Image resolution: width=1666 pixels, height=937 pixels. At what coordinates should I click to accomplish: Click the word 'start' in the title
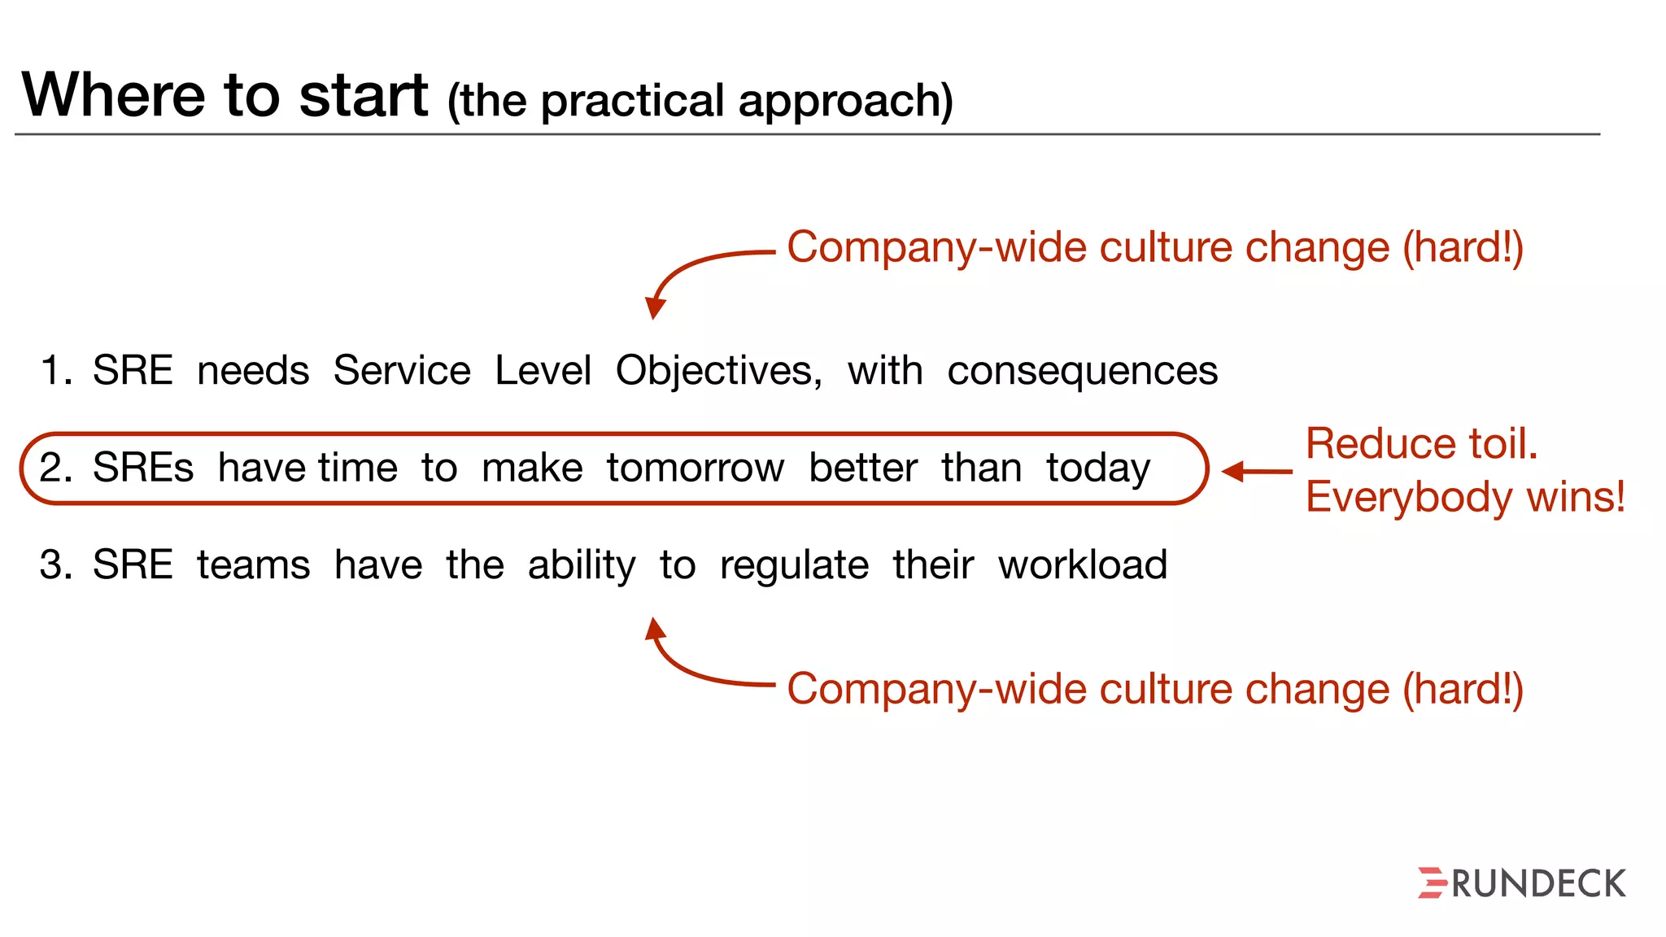pos(363,96)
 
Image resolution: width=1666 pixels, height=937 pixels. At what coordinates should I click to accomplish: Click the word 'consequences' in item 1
pos(1082,371)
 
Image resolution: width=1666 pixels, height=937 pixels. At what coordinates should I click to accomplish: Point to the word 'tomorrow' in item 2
pos(696,468)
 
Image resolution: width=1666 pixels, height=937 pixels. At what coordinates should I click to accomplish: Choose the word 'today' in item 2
pos(1098,469)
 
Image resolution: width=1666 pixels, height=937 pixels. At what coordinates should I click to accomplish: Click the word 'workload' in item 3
pos(1083,564)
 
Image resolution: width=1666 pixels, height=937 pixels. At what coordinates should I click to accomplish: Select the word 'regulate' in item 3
pos(794,566)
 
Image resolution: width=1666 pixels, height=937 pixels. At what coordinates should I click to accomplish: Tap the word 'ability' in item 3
pos(582,566)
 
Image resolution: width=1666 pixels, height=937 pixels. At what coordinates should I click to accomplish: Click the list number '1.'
pos(56,371)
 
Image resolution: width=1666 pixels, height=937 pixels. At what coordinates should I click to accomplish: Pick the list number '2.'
pos(56,468)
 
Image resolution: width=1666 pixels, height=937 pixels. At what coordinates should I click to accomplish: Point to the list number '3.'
pos(56,565)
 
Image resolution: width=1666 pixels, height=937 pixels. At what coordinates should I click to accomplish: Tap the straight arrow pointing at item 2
pos(1256,471)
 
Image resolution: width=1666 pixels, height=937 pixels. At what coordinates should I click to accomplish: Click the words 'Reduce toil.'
pos(1421,444)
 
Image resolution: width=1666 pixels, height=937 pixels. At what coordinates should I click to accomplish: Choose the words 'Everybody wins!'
pos(1465,497)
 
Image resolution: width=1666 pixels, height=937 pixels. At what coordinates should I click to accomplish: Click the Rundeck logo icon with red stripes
pos(1433,883)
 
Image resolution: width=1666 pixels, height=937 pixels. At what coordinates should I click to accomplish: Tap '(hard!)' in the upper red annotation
pos(1462,247)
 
